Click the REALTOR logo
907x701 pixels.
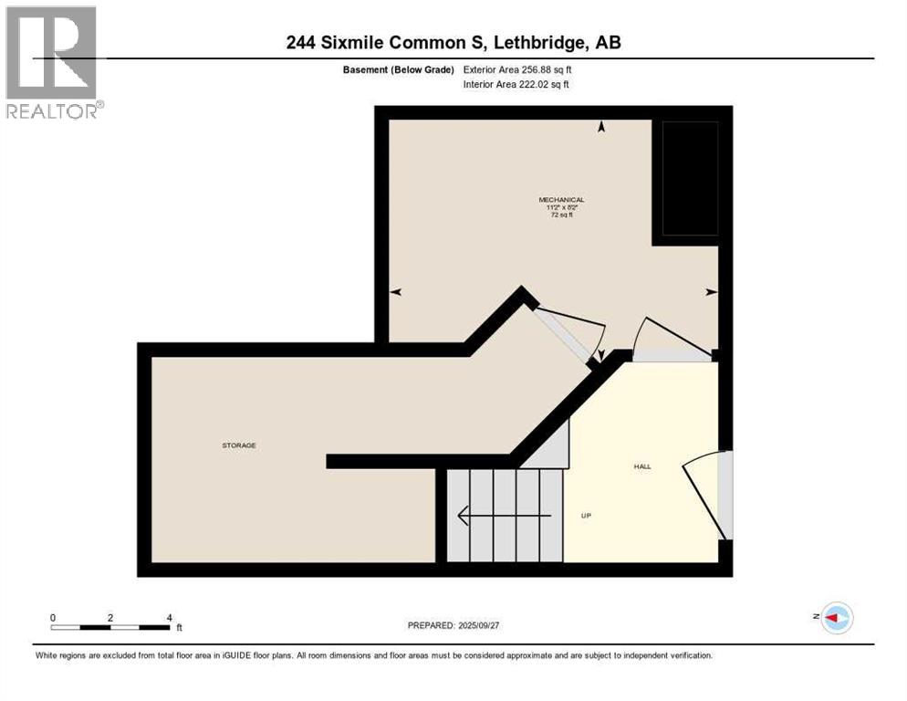point(53,61)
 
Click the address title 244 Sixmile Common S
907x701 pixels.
point(453,42)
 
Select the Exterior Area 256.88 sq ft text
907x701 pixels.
point(517,69)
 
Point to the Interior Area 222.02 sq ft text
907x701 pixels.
point(517,85)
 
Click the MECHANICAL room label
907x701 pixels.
point(561,200)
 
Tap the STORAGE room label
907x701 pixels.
point(239,445)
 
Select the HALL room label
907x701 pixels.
point(642,466)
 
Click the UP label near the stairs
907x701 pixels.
point(587,516)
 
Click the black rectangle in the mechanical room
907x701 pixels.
point(690,178)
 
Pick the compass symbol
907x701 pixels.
point(836,618)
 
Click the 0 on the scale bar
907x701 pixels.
point(53,618)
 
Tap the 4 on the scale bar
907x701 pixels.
point(169,618)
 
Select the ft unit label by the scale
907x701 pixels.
point(179,628)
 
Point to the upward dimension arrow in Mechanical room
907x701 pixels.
point(601,129)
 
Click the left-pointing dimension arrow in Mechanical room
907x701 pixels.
point(396,292)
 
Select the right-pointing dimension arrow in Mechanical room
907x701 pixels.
point(711,292)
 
